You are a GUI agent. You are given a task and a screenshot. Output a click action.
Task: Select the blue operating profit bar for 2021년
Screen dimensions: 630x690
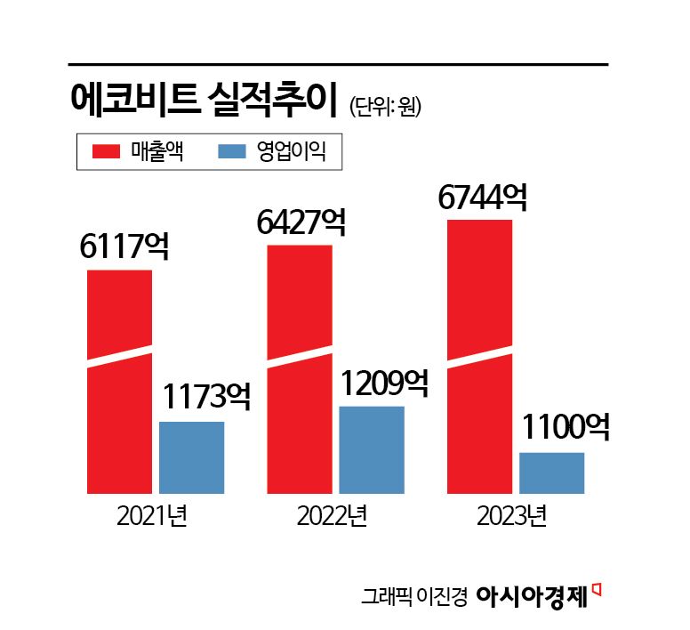click(x=191, y=456)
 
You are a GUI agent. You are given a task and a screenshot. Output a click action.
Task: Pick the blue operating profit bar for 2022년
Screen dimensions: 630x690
click(x=371, y=449)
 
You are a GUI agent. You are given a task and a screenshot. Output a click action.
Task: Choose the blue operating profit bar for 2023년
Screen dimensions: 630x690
click(x=551, y=472)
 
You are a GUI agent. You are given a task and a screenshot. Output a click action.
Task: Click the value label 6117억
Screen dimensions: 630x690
click(x=124, y=246)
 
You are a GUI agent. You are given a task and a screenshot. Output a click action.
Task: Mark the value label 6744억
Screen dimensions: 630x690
click(x=482, y=196)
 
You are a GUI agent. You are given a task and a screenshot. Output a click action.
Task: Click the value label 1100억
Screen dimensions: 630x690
click(x=565, y=429)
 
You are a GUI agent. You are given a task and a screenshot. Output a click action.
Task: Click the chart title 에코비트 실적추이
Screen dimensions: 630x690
click(x=204, y=99)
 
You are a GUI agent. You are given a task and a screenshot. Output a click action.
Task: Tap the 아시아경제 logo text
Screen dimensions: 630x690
click(x=533, y=594)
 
